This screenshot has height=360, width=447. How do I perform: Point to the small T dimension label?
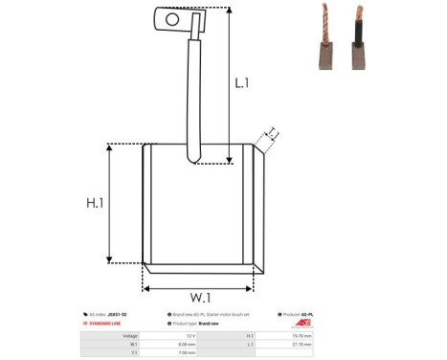272,132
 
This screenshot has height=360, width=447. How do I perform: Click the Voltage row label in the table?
119,336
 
